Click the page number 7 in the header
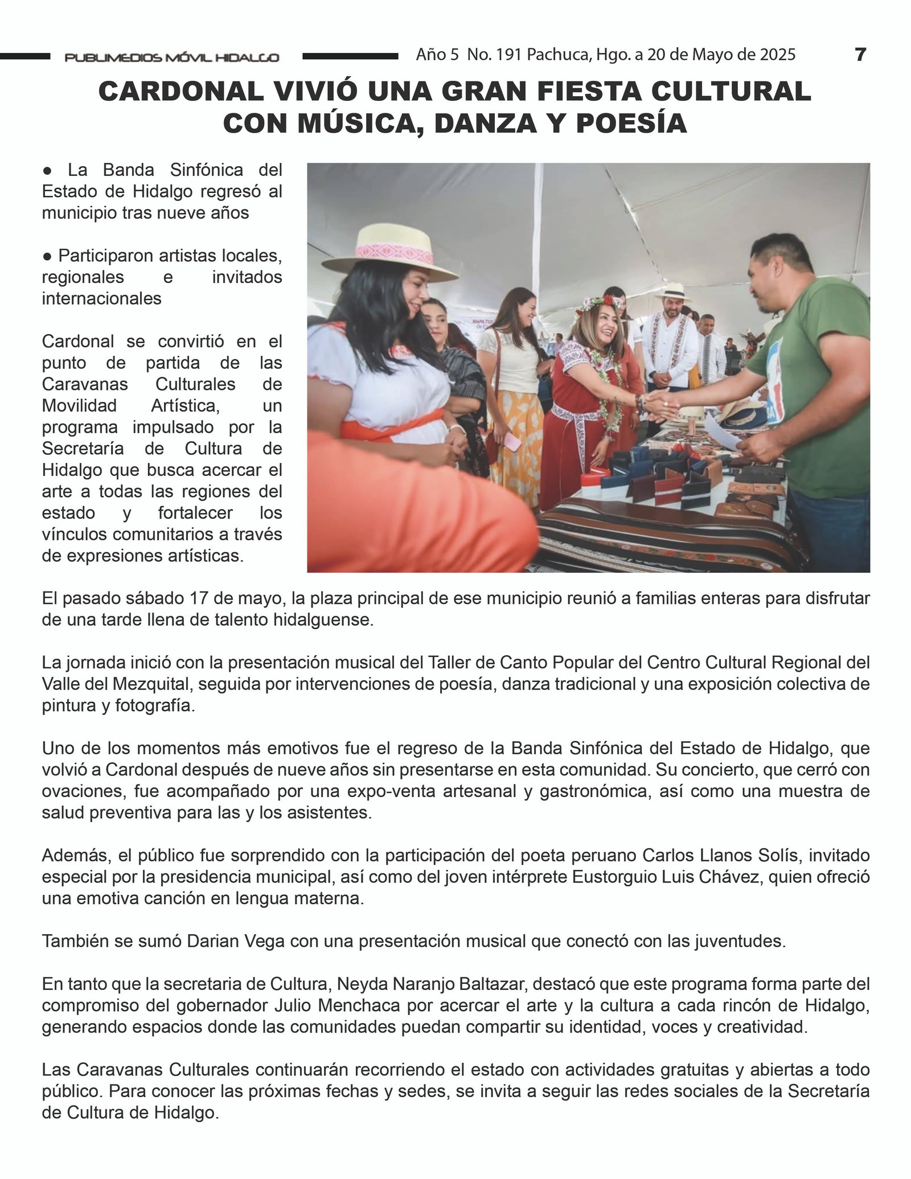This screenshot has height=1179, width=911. (860, 55)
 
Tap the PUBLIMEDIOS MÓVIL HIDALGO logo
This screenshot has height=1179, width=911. (172, 57)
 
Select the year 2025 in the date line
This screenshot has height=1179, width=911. (776, 55)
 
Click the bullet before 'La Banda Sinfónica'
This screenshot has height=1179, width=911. (48, 170)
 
